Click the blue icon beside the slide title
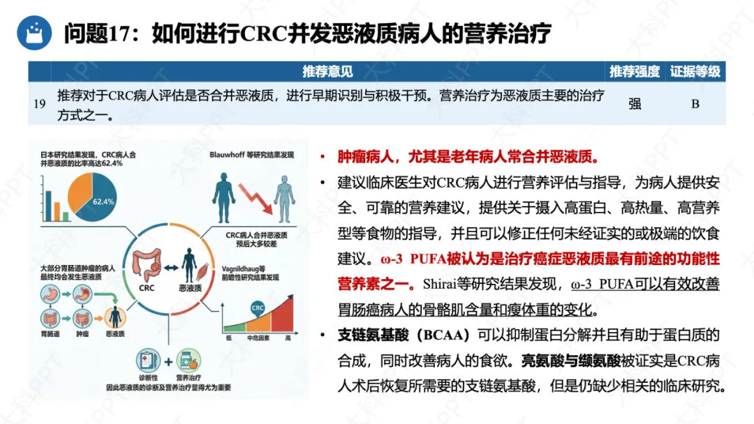tap(30, 32)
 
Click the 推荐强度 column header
tap(634, 71)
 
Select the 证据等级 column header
tap(695, 71)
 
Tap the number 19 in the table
tap(40, 104)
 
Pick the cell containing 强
tap(634, 104)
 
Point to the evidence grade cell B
tap(695, 104)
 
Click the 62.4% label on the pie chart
tap(104, 202)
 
